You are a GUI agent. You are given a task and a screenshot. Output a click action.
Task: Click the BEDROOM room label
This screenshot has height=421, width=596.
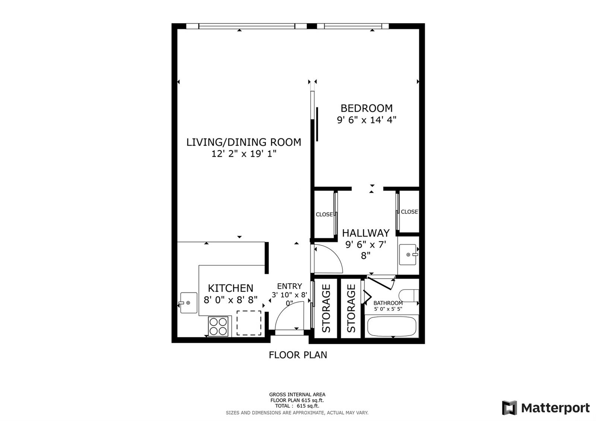pos(367,108)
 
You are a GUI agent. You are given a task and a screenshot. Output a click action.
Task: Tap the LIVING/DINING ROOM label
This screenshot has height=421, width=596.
pos(244,142)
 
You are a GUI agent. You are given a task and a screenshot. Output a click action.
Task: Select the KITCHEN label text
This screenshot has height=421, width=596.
pos(231,288)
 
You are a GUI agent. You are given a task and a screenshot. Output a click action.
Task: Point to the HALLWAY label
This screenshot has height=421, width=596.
pos(365,233)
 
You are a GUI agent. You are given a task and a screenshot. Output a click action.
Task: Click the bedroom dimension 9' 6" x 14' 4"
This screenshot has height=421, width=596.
pos(367,120)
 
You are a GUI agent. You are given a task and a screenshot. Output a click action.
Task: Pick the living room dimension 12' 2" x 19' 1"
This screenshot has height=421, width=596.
pos(244,154)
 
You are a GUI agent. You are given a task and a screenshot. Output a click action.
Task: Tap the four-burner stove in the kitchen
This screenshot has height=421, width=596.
pos(218,326)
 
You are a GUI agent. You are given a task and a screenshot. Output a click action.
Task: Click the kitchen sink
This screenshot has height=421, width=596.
pos(188,303)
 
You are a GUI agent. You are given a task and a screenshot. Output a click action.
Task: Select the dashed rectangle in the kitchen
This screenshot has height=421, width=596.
pos(249,323)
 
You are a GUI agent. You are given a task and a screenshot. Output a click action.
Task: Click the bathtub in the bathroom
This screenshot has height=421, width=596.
pos(391,326)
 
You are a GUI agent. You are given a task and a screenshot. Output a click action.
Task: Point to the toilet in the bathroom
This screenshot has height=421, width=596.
pos(409,296)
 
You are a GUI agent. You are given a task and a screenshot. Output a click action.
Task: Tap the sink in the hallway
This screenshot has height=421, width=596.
pos(408,255)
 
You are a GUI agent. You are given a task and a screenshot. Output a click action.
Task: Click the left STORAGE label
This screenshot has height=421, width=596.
pos(326,308)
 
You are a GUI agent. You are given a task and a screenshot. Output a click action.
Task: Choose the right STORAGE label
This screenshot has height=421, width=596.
pos(351,308)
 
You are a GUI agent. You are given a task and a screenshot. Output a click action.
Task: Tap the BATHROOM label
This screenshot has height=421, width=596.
pos(388,303)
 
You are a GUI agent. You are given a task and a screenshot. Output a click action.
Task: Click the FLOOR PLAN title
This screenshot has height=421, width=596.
pos(298,355)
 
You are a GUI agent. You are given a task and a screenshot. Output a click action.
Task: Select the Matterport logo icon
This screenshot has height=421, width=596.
pos(509,408)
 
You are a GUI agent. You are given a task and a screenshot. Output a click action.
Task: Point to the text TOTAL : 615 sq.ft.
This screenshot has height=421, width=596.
pos(297,406)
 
